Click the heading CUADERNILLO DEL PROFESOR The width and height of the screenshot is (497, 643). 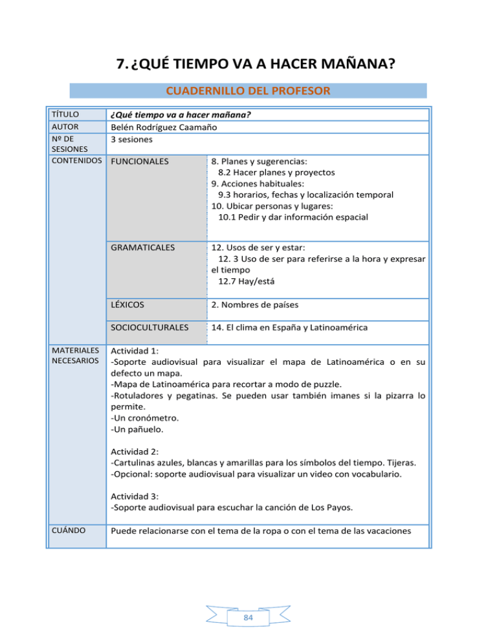[248, 90]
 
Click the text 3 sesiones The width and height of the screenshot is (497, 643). [133, 139]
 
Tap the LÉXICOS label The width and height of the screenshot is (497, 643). [128, 303]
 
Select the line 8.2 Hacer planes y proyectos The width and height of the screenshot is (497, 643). [277, 173]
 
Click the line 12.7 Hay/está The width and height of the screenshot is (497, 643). [245, 281]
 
